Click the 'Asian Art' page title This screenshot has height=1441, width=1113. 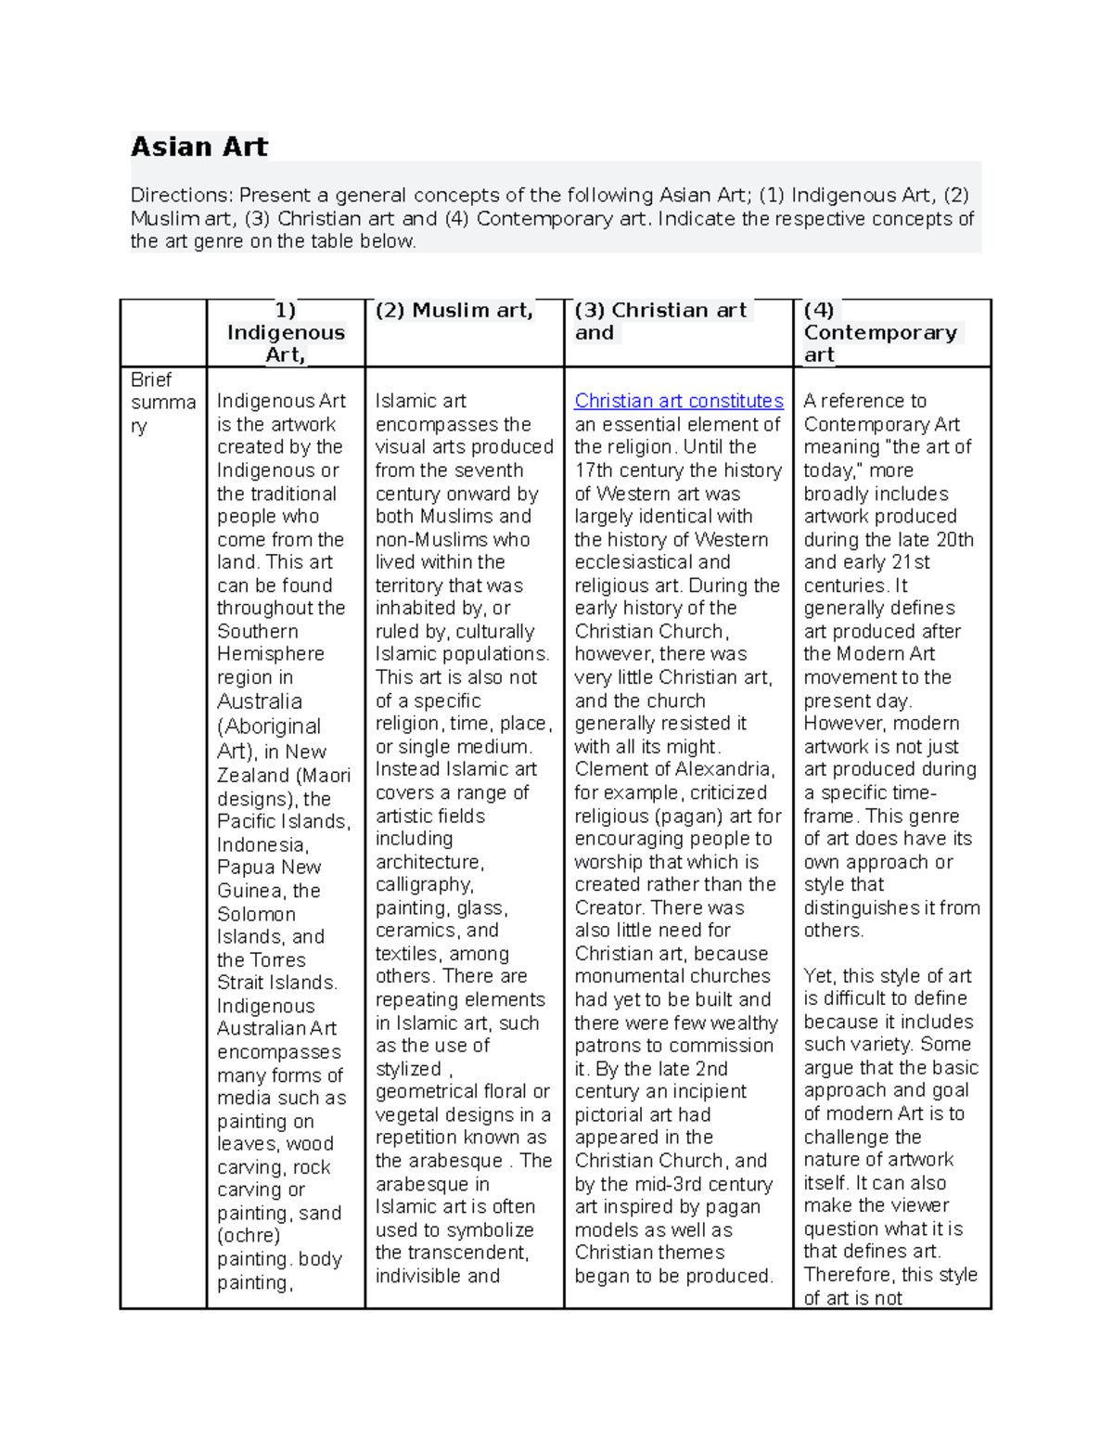(198, 147)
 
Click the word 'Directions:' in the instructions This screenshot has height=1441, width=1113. (182, 195)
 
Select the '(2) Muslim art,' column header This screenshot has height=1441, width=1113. (454, 311)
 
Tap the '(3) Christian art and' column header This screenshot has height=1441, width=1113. (659, 321)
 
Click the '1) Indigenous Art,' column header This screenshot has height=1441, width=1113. (286, 332)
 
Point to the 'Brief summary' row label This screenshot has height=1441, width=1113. (162, 403)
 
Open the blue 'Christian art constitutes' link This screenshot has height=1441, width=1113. (678, 401)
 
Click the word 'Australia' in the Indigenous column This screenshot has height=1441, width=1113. (259, 701)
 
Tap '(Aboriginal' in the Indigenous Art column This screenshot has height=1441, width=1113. (269, 727)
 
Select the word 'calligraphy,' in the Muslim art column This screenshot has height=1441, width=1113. (424, 884)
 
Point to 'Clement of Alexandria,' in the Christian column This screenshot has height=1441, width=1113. (674, 769)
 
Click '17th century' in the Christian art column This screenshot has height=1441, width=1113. (630, 470)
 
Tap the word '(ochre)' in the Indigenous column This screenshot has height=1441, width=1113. (249, 1236)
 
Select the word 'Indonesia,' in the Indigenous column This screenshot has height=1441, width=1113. (262, 845)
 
